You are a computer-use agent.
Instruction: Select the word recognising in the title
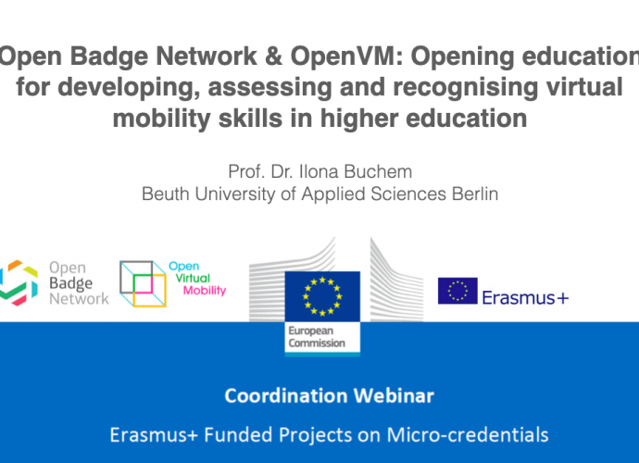(464, 88)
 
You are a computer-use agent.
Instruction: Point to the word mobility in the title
(161, 119)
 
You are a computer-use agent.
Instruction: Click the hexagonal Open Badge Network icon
(18, 282)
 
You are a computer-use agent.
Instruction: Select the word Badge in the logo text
(70, 283)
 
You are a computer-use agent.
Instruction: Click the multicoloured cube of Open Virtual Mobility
(143, 283)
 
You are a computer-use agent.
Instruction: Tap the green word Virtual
(193, 278)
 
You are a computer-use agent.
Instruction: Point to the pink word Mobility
(205, 291)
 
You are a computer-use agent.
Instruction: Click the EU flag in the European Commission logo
(322, 296)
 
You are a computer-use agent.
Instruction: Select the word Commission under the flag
(317, 344)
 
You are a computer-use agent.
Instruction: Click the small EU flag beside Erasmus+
(457, 291)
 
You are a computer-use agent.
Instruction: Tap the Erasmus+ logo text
(525, 298)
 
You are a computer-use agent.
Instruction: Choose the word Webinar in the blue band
(394, 395)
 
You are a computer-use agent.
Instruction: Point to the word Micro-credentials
(468, 435)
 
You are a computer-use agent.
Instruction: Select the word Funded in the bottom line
(238, 435)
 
